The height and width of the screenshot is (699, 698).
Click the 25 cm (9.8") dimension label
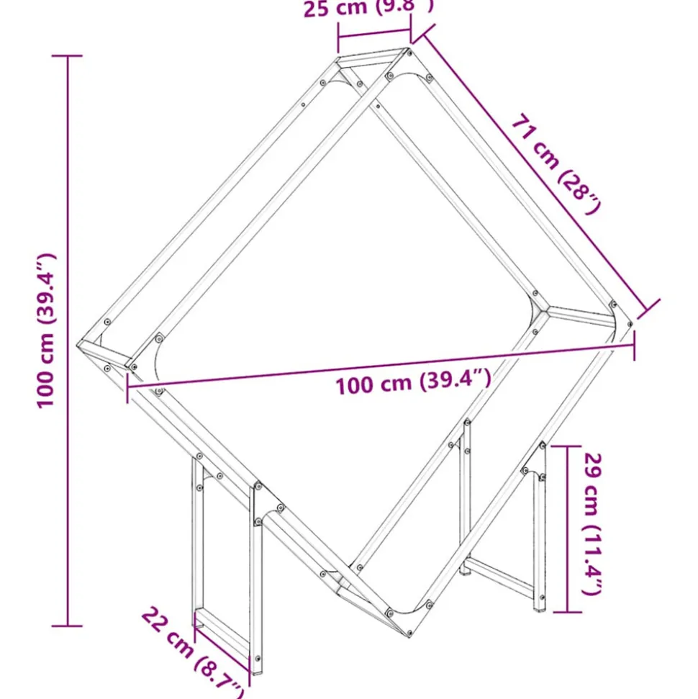(368, 9)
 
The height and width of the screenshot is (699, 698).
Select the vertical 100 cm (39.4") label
(47, 330)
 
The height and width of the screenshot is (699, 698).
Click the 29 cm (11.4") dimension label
(592, 523)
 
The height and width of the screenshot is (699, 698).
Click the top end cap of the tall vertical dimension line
(68, 56)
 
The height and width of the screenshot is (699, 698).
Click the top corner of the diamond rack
(374, 54)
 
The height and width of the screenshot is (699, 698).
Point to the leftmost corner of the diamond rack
(81, 344)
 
